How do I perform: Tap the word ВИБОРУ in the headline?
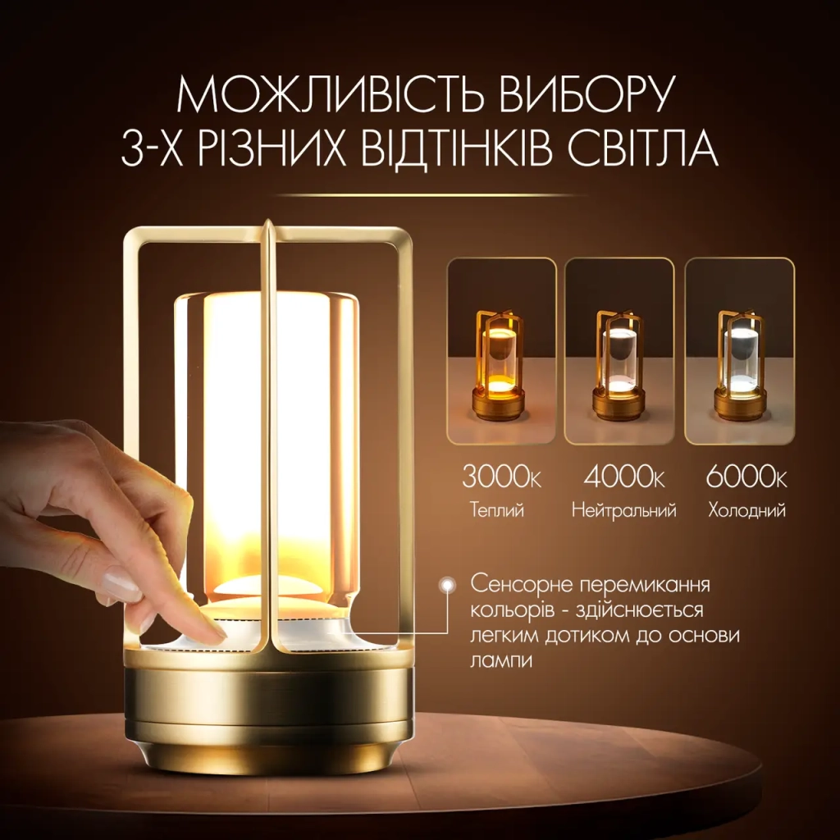click(585, 95)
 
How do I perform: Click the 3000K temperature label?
click(501, 477)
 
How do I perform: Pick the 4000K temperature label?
click(624, 477)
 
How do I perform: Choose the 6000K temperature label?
click(746, 477)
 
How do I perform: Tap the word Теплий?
click(496, 510)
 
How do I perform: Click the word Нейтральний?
click(624, 510)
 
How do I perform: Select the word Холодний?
click(746, 510)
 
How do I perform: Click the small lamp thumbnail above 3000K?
click(501, 351)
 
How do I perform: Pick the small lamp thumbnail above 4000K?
click(619, 351)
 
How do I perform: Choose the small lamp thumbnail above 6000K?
click(740, 351)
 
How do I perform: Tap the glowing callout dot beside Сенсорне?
click(447, 585)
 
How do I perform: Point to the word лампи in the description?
click(501, 660)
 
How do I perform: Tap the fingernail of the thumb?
click(122, 587)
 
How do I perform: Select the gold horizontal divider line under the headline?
click(431, 195)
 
